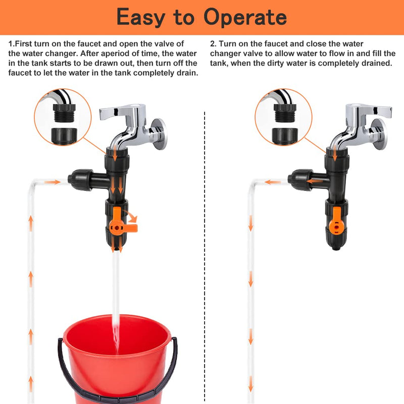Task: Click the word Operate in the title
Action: click(245, 17)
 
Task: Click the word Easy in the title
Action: click(141, 17)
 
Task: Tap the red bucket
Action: click(118, 361)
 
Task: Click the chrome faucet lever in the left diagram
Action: click(119, 112)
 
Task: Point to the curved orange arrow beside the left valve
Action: click(131, 217)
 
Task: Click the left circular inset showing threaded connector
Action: click(63, 117)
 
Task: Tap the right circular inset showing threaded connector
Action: click(283, 117)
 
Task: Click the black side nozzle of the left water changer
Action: click(80, 180)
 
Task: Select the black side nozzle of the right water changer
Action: click(300, 180)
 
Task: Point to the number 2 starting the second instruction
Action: click(212, 44)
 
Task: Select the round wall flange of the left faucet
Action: click(158, 134)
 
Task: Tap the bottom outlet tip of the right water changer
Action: click(336, 248)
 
